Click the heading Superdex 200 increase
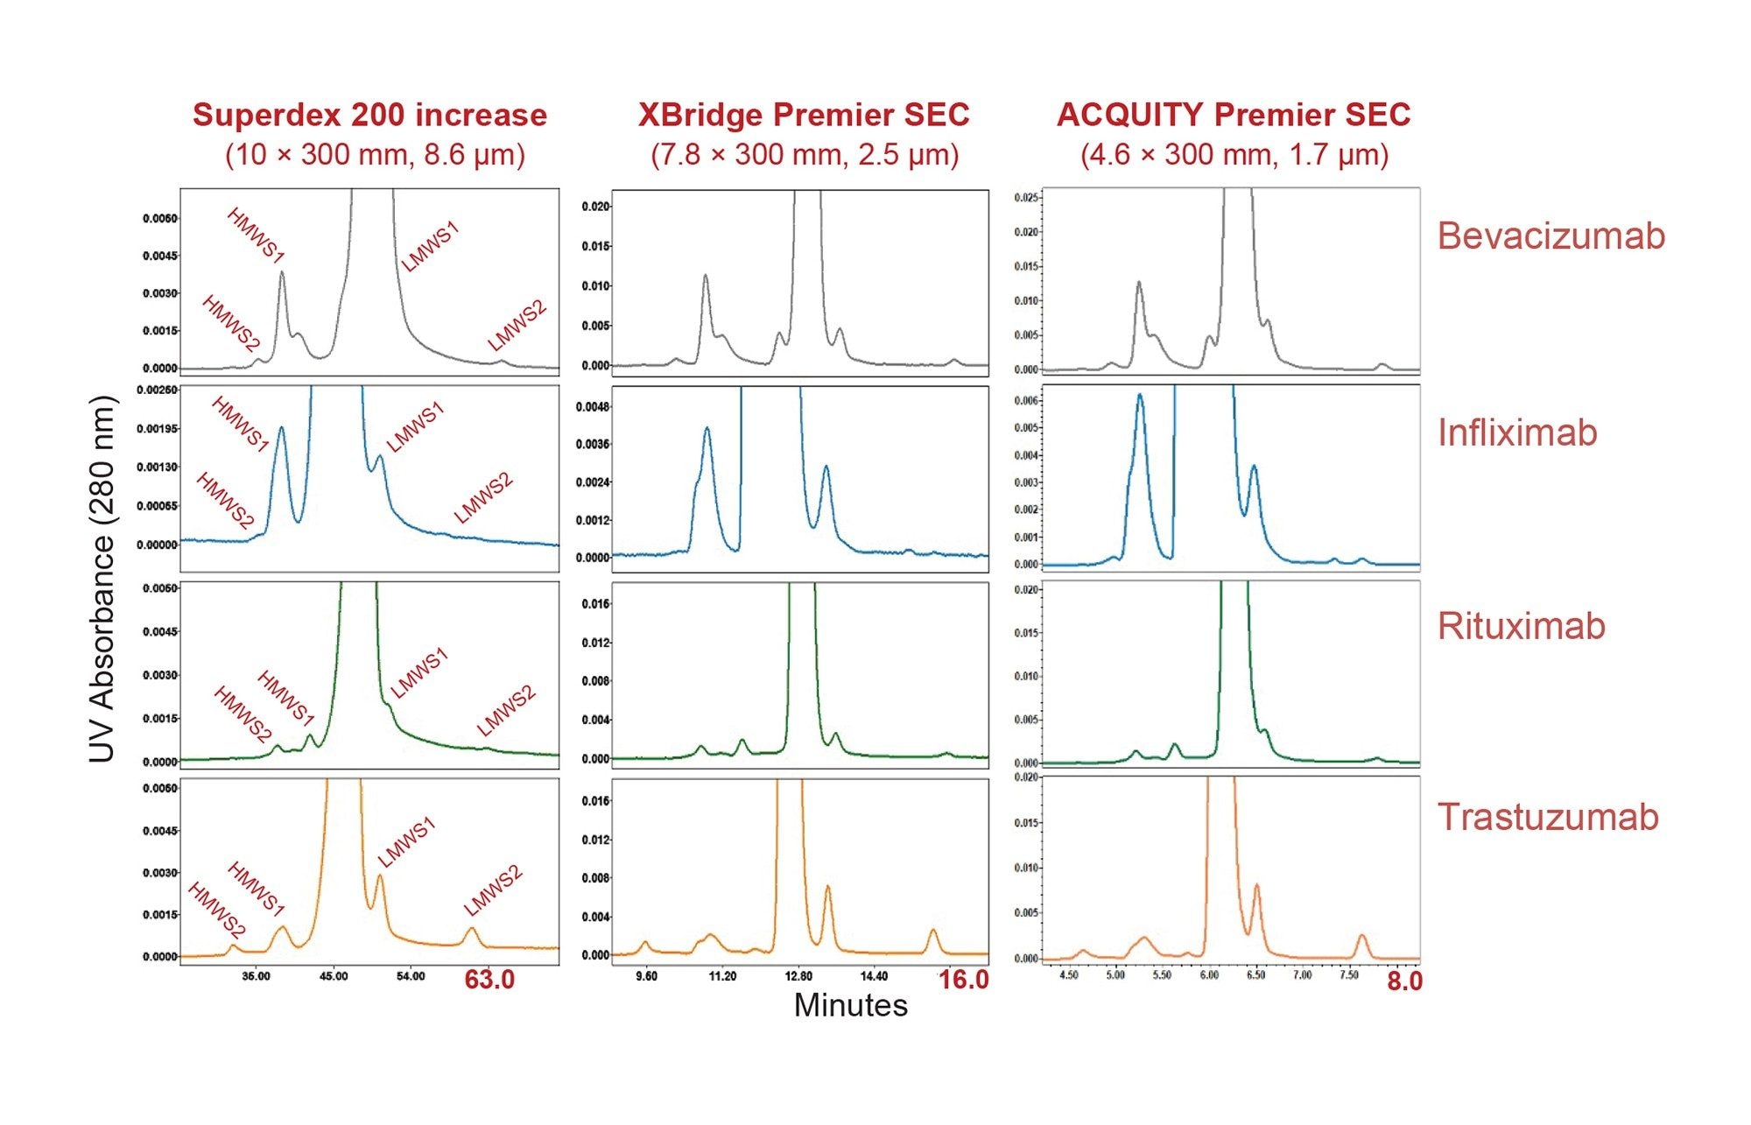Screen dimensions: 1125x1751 pos(369,115)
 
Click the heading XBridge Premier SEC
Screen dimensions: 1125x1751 pos(804,115)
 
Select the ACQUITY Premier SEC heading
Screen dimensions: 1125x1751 pos(1234,115)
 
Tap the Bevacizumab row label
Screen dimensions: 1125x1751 pos(1551,236)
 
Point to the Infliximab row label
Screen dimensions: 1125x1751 pos(1517,432)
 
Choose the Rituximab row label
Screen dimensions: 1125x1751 pos(1521,626)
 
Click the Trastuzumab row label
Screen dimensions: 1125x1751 pos(1548,817)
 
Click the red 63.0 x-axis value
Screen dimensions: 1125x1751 pos(489,980)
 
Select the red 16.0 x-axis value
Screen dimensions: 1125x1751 pos(963,980)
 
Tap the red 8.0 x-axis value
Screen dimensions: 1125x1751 pos(1404,981)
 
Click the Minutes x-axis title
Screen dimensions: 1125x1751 pos(850,1005)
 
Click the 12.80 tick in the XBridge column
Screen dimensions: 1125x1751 pos(798,975)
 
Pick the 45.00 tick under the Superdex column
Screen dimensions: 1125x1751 pos(333,975)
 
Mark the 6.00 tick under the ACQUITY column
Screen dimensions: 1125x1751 pos(1208,974)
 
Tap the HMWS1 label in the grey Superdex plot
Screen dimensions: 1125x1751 pos(256,236)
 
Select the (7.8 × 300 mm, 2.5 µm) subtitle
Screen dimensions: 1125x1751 pos(804,155)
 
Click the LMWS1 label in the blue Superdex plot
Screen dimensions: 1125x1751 pos(415,426)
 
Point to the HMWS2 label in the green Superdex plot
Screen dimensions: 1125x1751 pos(243,714)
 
